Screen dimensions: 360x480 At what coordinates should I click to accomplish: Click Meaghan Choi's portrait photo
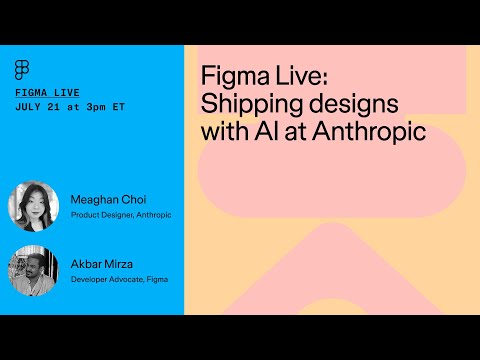click(x=33, y=206)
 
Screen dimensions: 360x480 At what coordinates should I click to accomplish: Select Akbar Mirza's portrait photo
click(x=33, y=270)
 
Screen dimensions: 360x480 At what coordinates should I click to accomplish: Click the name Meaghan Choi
click(x=108, y=199)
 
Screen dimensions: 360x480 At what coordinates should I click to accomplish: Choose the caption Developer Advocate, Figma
click(x=119, y=280)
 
